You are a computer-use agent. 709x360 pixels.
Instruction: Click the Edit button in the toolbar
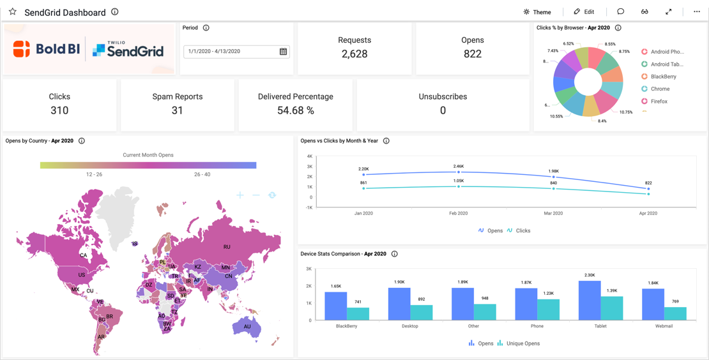click(584, 11)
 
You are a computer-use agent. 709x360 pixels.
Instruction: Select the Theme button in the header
click(537, 11)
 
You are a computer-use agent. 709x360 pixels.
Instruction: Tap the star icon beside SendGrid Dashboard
click(13, 11)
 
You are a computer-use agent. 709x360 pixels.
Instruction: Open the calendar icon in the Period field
click(283, 52)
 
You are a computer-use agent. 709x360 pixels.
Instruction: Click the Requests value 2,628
click(354, 54)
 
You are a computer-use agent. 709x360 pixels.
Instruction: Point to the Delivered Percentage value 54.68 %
click(295, 111)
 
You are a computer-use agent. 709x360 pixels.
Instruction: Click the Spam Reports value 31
click(177, 111)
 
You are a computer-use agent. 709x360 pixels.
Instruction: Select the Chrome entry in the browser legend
click(660, 89)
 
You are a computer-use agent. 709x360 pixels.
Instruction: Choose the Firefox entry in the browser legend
click(659, 101)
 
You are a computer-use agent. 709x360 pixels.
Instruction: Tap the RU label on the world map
click(227, 247)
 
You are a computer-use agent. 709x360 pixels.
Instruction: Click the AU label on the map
click(247, 327)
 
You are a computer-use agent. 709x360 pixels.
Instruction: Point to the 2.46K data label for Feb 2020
click(459, 167)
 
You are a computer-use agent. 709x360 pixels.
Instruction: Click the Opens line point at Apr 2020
click(648, 189)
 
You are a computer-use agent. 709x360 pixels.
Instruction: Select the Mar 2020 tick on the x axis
click(553, 213)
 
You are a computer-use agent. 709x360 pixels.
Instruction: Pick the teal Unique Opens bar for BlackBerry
click(358, 313)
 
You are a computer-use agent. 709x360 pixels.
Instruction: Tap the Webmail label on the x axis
click(664, 326)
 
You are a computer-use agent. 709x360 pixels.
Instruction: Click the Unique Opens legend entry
click(518, 343)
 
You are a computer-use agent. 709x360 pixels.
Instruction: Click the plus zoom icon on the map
click(240, 195)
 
